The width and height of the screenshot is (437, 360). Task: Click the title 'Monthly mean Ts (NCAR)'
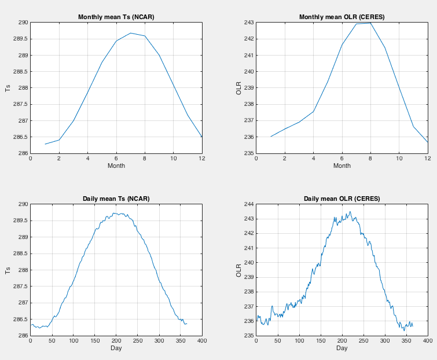(x=116, y=17)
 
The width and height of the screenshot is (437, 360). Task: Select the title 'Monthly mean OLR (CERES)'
(x=341, y=17)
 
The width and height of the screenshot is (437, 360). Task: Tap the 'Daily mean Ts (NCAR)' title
(x=116, y=199)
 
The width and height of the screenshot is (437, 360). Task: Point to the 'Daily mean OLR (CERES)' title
(x=341, y=199)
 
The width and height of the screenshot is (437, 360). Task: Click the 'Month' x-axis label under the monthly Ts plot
(x=116, y=166)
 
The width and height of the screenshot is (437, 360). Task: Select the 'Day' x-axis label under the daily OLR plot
(x=341, y=348)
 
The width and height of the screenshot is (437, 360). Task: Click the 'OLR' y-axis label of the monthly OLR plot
(x=239, y=88)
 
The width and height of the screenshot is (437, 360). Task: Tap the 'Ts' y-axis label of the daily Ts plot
(x=8, y=270)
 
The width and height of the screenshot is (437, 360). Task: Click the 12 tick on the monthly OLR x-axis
(x=427, y=158)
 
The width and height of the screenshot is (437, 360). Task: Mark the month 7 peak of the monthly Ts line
(x=130, y=33)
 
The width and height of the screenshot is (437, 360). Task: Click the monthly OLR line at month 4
(x=313, y=111)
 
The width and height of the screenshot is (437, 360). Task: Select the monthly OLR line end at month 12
(x=427, y=142)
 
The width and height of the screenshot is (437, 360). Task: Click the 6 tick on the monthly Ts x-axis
(x=116, y=158)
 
